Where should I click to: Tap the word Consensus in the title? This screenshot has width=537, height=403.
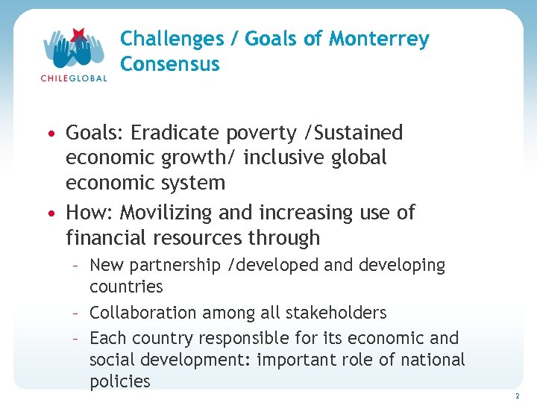coord(170,64)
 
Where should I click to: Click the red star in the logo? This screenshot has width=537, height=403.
coord(78,34)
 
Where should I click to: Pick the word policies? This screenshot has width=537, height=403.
coord(119,381)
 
